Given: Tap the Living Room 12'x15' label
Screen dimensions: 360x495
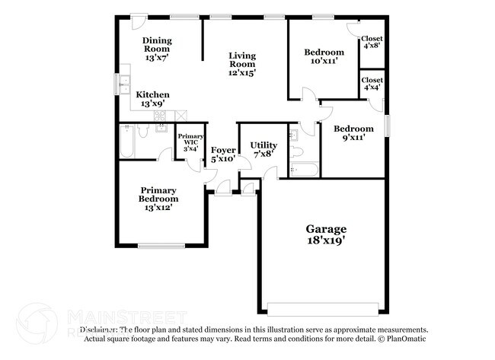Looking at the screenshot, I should pyautogui.click(x=243, y=65).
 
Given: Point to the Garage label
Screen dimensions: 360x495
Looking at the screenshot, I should pyautogui.click(x=326, y=234).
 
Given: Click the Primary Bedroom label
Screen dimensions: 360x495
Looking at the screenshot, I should pyautogui.click(x=158, y=199).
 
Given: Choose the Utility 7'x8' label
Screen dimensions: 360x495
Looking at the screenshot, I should pyautogui.click(x=263, y=149).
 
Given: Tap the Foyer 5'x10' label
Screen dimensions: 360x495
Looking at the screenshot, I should pyautogui.click(x=223, y=155).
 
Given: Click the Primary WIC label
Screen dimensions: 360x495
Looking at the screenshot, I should pyautogui.click(x=190, y=142).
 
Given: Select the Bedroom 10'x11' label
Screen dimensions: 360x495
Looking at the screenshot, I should pyautogui.click(x=324, y=57).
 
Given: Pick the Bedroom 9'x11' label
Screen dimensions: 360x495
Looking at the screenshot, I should pyautogui.click(x=354, y=134).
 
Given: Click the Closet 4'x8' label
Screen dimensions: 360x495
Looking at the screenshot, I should pyautogui.click(x=372, y=42).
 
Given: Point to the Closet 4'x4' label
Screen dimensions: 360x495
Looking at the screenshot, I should pyautogui.click(x=372, y=84).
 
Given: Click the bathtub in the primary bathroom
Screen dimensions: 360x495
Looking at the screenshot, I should pyautogui.click(x=128, y=142).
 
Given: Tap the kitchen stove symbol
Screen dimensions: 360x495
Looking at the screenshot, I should pyautogui.click(x=161, y=116).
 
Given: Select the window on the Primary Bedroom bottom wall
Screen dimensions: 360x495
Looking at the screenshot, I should pyautogui.click(x=159, y=245).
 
